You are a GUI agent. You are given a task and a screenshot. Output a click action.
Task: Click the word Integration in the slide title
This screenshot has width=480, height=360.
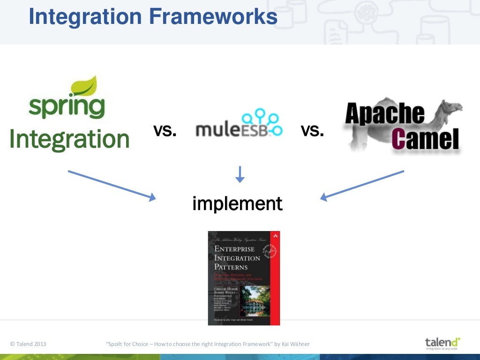pos(85,17)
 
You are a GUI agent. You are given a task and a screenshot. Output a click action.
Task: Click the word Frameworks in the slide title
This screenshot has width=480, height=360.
pos(213,17)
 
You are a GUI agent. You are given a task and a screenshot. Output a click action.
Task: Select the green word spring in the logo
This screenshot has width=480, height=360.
pos(66,106)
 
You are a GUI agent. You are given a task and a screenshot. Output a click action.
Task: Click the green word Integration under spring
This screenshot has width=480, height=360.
pos(69,139)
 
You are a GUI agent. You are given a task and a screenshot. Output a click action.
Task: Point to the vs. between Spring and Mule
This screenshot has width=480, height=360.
pos(165,131)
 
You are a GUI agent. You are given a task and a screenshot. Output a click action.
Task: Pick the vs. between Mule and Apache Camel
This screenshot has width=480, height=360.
pos(312,131)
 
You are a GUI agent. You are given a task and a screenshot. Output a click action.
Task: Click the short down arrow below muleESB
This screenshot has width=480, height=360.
pos(240,174)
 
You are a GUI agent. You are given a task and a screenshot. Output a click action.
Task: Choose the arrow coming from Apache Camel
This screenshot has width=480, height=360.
pos(362,185)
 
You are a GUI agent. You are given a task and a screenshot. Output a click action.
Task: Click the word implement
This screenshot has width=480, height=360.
pos(237,203)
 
